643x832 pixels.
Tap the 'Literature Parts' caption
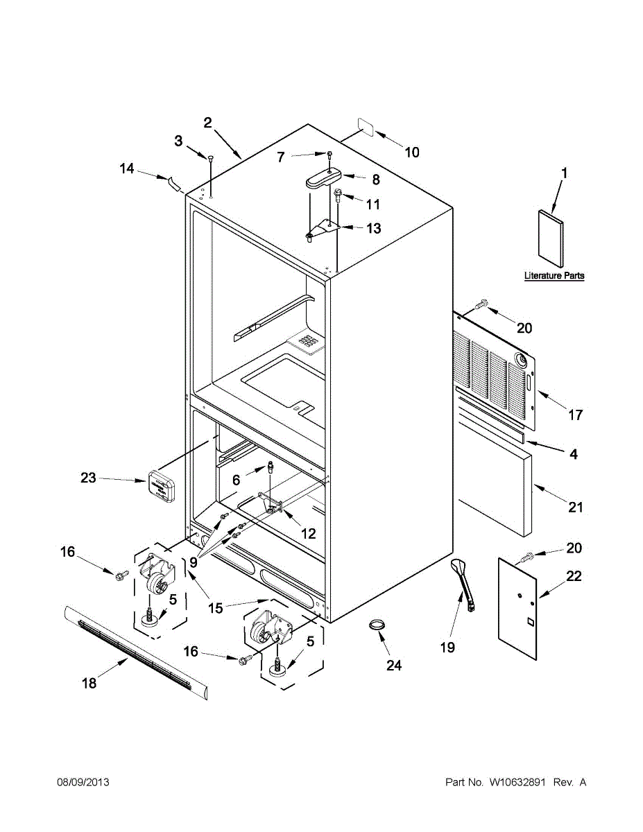(554, 276)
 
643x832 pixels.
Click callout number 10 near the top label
(412, 153)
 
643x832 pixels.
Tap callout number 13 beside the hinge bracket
(373, 228)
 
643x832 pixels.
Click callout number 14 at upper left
(126, 168)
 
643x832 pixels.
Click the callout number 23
(88, 478)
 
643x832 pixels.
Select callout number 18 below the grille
(89, 683)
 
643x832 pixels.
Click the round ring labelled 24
(377, 625)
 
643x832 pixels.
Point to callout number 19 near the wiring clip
(447, 648)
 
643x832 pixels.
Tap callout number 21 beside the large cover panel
(576, 508)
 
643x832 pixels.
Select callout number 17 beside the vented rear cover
(576, 415)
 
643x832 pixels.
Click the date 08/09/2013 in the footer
(83, 783)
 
